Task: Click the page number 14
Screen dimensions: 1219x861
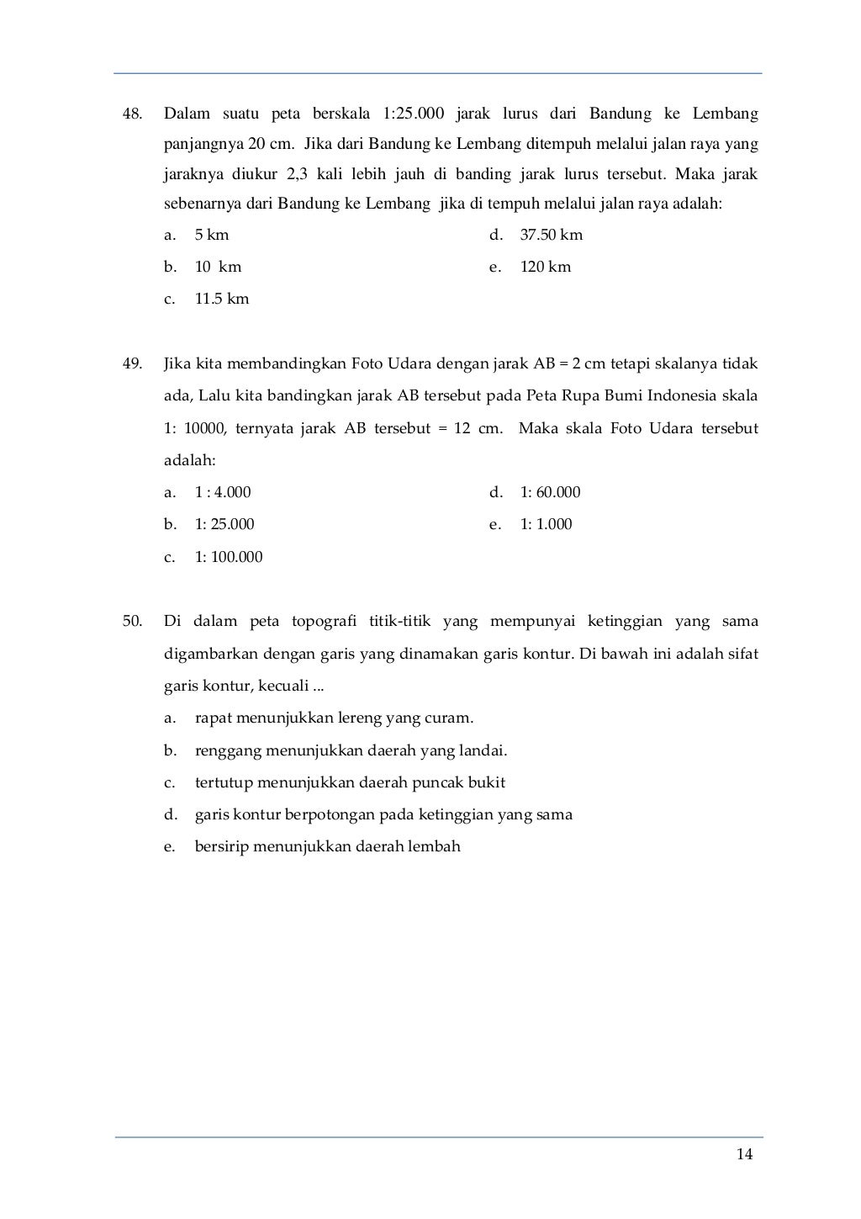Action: tap(744, 1153)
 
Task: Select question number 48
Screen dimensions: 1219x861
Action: tap(132, 114)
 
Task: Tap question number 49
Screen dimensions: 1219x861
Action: tap(132, 363)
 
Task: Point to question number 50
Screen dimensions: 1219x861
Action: tap(132, 622)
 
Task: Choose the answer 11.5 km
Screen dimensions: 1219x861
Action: tap(222, 299)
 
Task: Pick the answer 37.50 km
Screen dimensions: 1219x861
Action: tap(551, 235)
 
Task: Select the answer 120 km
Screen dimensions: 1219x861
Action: tap(545, 267)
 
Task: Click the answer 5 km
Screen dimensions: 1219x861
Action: tap(212, 235)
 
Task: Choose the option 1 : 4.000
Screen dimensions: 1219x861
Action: tap(223, 492)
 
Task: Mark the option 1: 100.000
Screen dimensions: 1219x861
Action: tap(229, 557)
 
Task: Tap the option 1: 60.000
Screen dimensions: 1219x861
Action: tap(550, 492)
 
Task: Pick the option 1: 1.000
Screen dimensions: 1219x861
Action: tap(546, 524)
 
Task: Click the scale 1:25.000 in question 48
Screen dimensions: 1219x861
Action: tap(413, 114)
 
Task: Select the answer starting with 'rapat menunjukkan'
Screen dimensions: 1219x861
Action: tap(334, 718)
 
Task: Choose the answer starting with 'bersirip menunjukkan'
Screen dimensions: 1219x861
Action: tap(327, 846)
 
